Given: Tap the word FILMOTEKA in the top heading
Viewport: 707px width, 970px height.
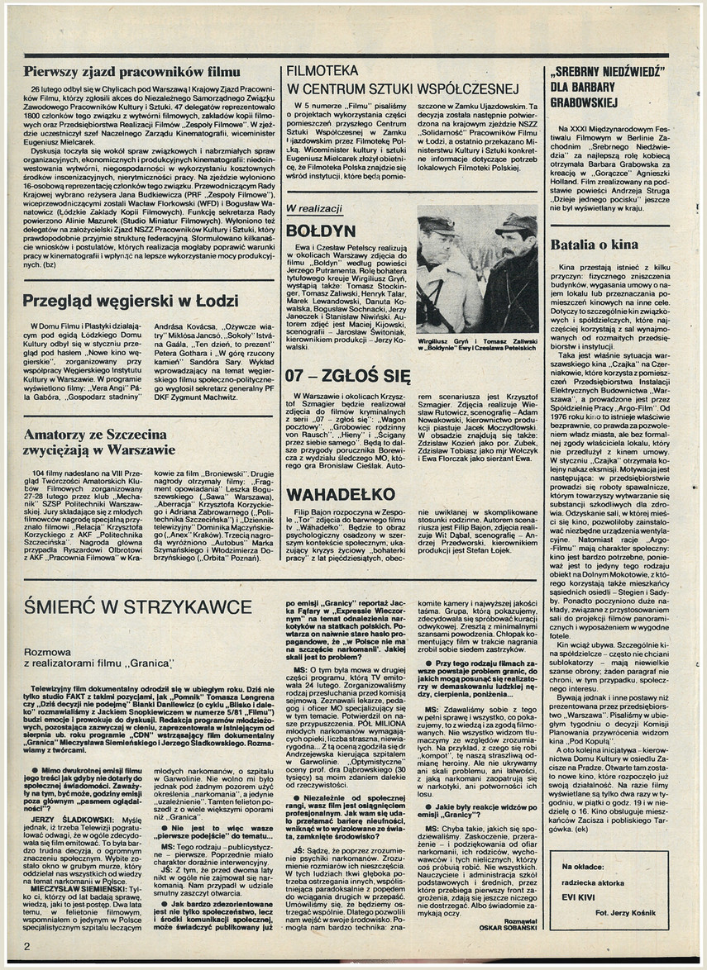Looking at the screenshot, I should click(x=323, y=71).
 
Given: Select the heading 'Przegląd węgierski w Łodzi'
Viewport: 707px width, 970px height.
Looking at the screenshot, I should click(x=131, y=301).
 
